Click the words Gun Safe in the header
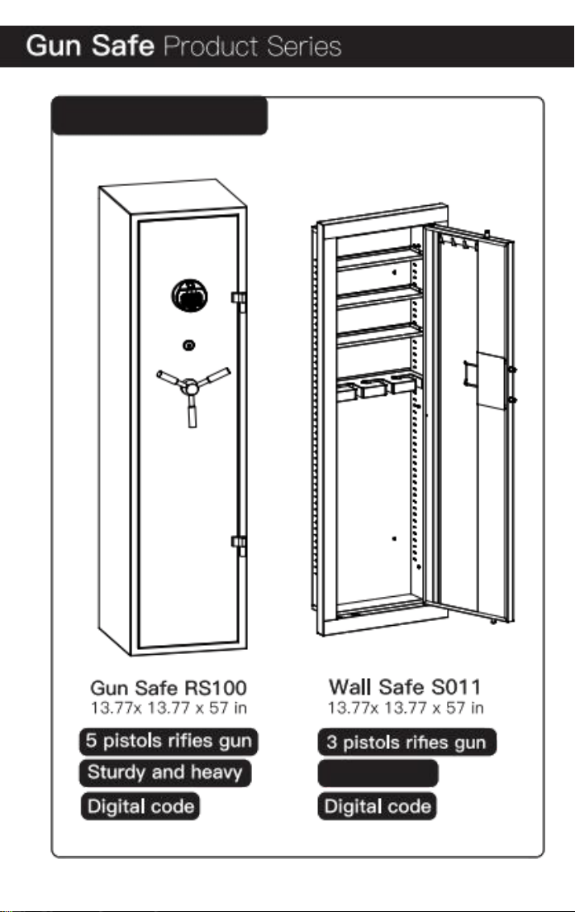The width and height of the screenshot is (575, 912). (90, 45)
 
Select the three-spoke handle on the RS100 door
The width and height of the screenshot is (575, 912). (193, 394)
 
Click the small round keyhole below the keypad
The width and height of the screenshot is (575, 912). (189, 346)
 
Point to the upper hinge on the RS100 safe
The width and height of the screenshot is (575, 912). (239, 298)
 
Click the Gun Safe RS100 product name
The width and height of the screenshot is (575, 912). (169, 688)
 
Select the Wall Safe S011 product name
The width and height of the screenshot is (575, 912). (406, 687)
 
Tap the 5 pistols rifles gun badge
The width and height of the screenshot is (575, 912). (169, 741)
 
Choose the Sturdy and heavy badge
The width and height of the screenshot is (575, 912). (165, 773)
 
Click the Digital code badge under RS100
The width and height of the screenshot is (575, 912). (140, 806)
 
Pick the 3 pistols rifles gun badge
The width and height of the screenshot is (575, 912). (407, 742)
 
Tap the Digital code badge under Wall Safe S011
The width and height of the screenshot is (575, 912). (378, 806)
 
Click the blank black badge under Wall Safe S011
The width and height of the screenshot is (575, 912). (378, 774)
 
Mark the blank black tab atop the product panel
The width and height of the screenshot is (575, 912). (160, 116)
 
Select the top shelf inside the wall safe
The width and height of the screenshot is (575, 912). (379, 257)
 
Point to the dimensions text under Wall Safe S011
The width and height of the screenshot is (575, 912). (406, 708)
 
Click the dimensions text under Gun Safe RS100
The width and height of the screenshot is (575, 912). (169, 709)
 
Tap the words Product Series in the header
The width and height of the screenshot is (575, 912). (252, 46)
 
